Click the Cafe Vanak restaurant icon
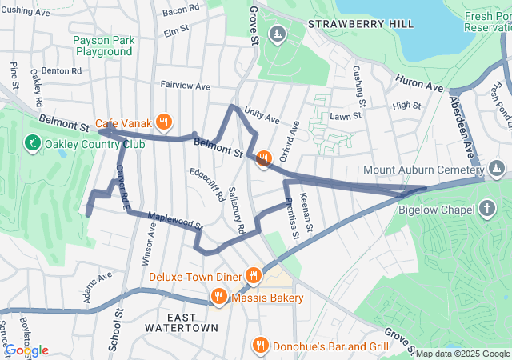pyautogui.click(x=163, y=122)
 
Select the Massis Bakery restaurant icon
pyautogui.click(x=218, y=298)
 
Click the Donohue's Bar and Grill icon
pyautogui.click(x=260, y=346)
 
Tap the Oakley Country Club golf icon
pyautogui.click(x=32, y=144)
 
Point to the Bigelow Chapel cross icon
pyautogui.click(x=487, y=210)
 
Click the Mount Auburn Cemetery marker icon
pyautogui.click(x=497, y=169)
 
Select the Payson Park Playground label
pyautogui.click(x=104, y=46)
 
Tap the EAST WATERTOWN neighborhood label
pyautogui.click(x=182, y=322)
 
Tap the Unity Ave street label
pyautogui.click(x=262, y=117)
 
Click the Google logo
pyautogui.click(x=26, y=350)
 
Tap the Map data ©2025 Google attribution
pyautogui.click(x=462, y=354)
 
